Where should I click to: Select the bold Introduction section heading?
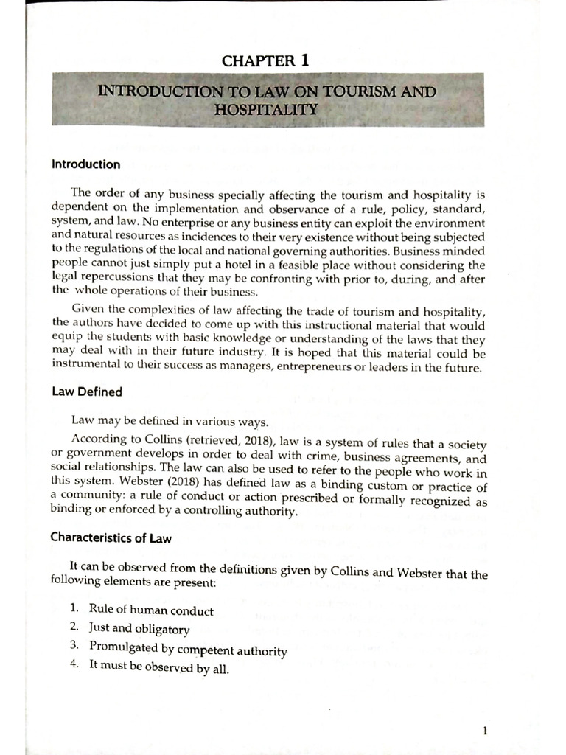(x=85, y=164)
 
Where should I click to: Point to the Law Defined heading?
(x=86, y=392)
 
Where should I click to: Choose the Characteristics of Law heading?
(x=111, y=537)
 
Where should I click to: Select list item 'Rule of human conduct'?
(x=151, y=610)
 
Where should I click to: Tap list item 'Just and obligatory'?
(x=139, y=629)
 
